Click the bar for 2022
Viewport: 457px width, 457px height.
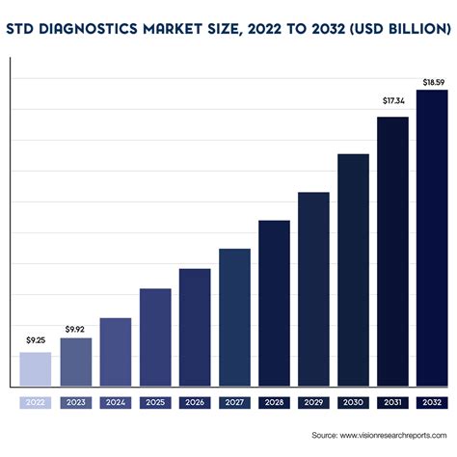[36, 366]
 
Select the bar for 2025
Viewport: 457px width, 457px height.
[155, 335]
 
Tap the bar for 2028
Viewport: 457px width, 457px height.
[274, 301]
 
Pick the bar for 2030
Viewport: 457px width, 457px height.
[353, 267]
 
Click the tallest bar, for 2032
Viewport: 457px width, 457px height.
[432, 235]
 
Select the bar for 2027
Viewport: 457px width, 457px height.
[234, 314]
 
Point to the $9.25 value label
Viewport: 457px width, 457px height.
[36, 341]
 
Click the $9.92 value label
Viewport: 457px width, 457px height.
[75, 329]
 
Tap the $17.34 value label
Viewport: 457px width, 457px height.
[392, 100]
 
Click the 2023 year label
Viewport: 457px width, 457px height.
[75, 403]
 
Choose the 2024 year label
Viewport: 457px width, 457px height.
[116, 403]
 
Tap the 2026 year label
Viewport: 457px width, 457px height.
[195, 403]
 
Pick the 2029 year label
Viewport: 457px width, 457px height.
[313, 403]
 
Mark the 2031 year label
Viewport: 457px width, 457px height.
[392, 403]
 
